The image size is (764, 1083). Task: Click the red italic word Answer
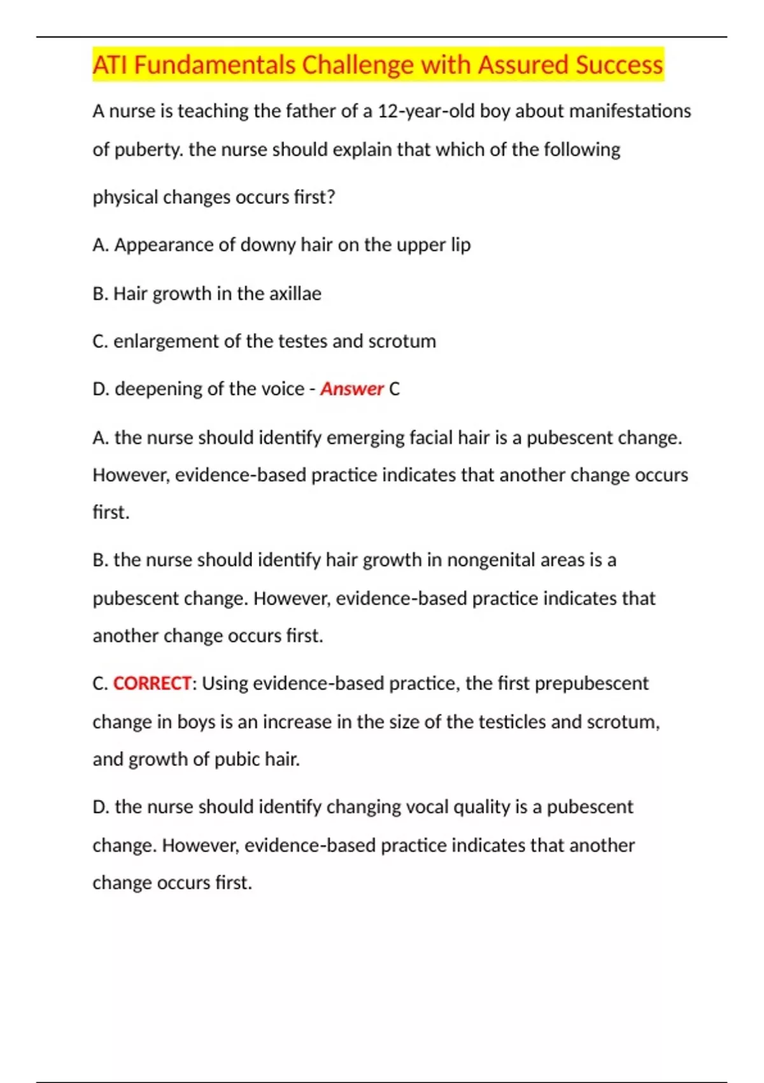pyautogui.click(x=351, y=389)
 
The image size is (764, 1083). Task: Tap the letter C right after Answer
pyautogui.click(x=394, y=389)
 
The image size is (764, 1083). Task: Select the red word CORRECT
pyautogui.click(x=152, y=684)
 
